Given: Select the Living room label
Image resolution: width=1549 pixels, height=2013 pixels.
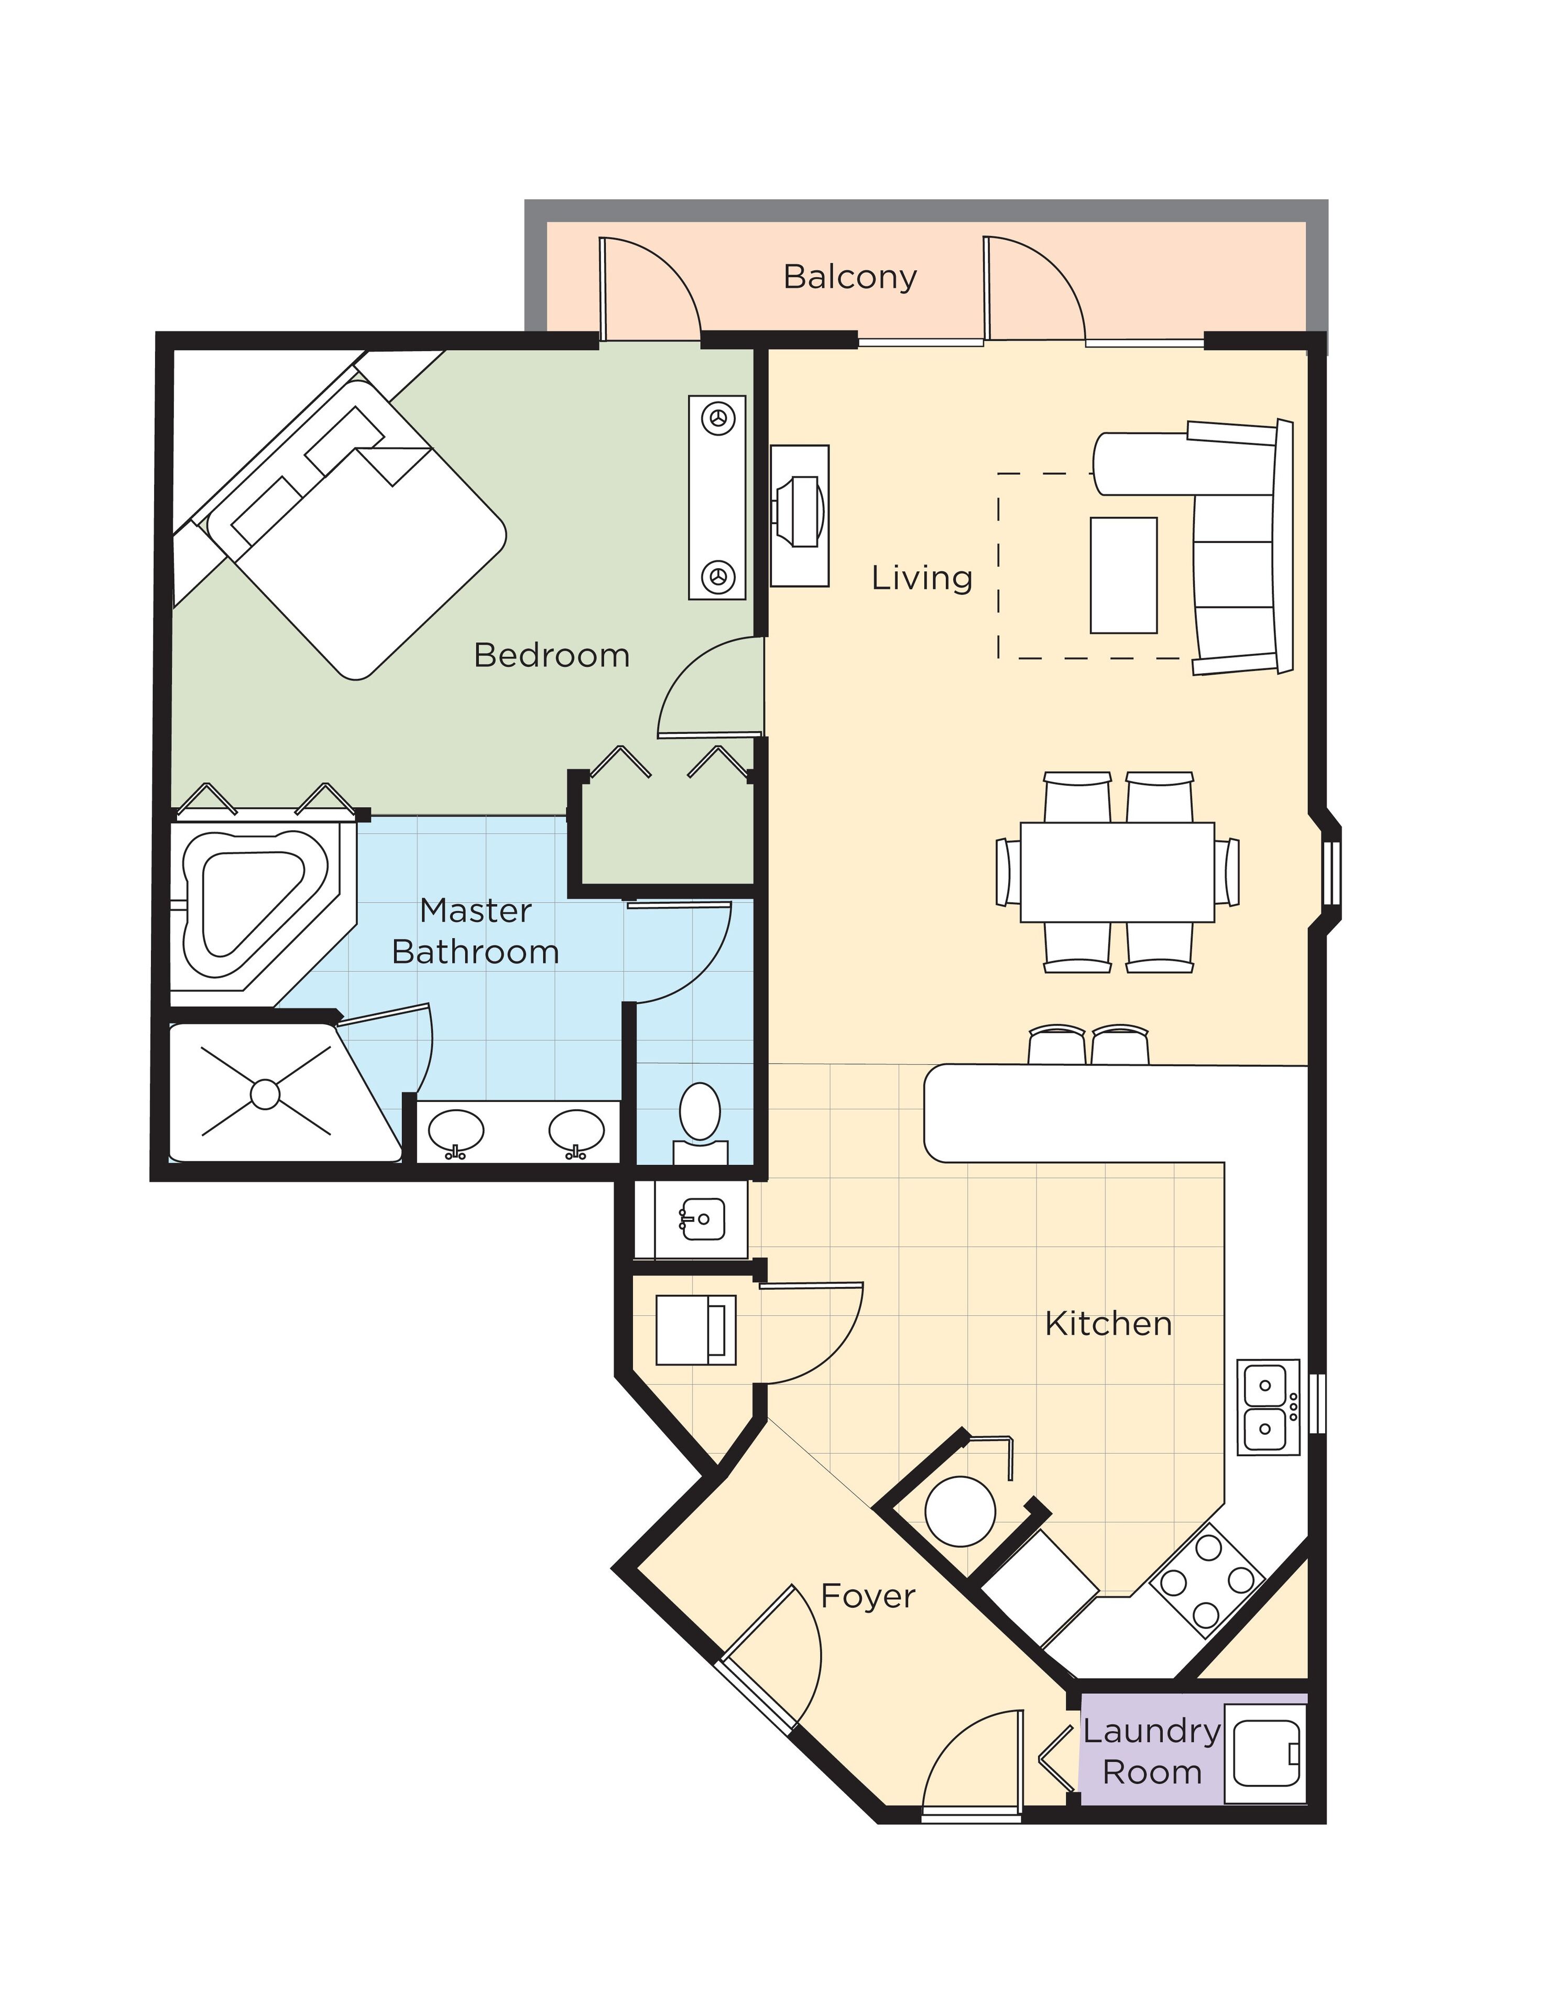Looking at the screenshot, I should point(921,578).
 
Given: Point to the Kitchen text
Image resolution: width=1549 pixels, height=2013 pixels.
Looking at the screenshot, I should point(1108,1325).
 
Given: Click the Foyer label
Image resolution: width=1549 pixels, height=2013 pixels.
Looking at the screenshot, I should point(867,1596).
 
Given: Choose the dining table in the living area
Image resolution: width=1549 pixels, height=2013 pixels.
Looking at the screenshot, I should point(1116,872).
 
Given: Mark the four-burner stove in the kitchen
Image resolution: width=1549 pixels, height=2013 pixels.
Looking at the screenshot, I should point(1206,1580).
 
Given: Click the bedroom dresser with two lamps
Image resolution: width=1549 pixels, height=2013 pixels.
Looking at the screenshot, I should point(717,497).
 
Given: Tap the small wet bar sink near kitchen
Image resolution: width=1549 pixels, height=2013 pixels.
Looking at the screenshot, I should point(701,1219).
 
